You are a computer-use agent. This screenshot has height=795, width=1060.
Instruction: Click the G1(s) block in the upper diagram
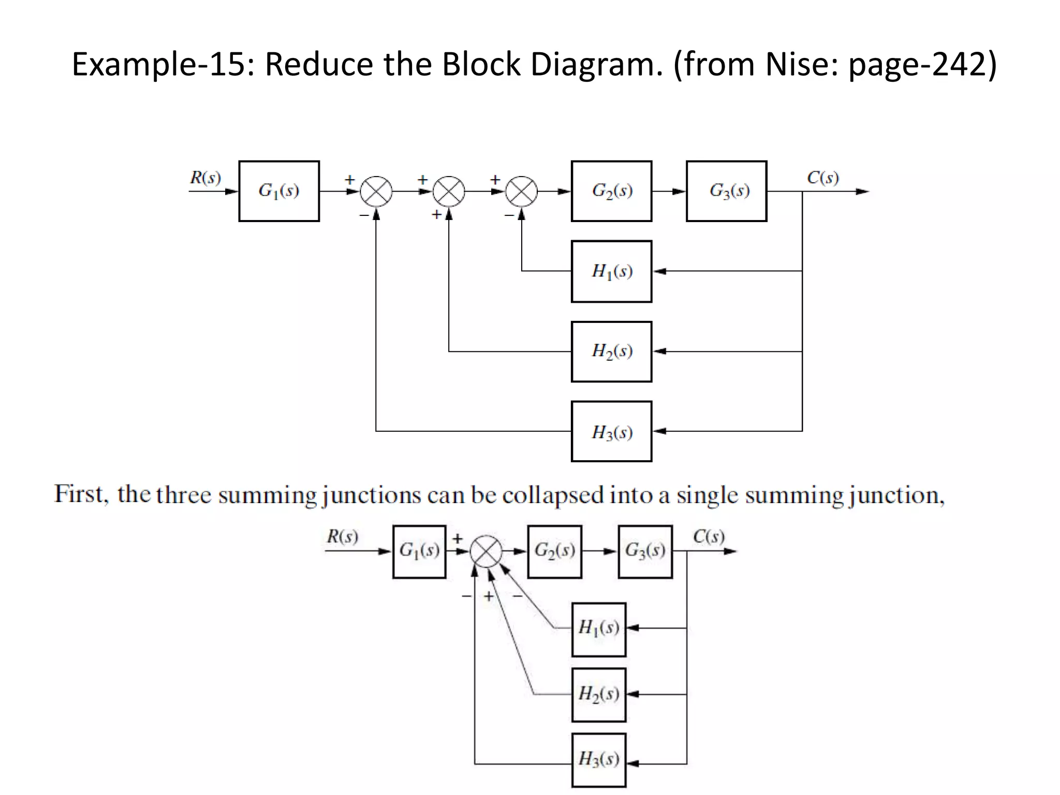279,191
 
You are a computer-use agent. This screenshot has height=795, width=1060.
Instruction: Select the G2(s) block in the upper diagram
611,191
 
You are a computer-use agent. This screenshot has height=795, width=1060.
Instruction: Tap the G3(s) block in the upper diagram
726,191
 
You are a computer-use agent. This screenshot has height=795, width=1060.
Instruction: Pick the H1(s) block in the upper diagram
611,271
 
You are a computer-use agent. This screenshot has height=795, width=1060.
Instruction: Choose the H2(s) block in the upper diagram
611,351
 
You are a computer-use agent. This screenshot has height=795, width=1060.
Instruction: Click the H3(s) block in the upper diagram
611,431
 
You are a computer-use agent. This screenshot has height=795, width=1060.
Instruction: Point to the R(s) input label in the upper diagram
205,178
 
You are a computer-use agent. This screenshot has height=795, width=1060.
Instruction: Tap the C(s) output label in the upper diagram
822,178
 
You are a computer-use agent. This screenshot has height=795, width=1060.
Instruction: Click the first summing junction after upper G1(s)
376,192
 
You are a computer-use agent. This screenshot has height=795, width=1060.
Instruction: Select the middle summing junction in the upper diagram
449,192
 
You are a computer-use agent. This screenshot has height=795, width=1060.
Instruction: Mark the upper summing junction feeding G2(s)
521,192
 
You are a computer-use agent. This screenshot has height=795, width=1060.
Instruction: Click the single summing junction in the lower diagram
486,551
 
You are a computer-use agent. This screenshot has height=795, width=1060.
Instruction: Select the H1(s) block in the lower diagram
599,629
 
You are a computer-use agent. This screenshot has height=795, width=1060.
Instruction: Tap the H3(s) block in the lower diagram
599,760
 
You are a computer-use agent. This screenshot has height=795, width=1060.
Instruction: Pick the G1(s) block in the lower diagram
419,551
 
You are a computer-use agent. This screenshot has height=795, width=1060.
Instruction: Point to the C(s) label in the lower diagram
709,536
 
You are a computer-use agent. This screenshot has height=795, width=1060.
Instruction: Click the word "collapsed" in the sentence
553,495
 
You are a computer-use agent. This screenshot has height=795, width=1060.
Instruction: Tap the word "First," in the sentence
81,494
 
